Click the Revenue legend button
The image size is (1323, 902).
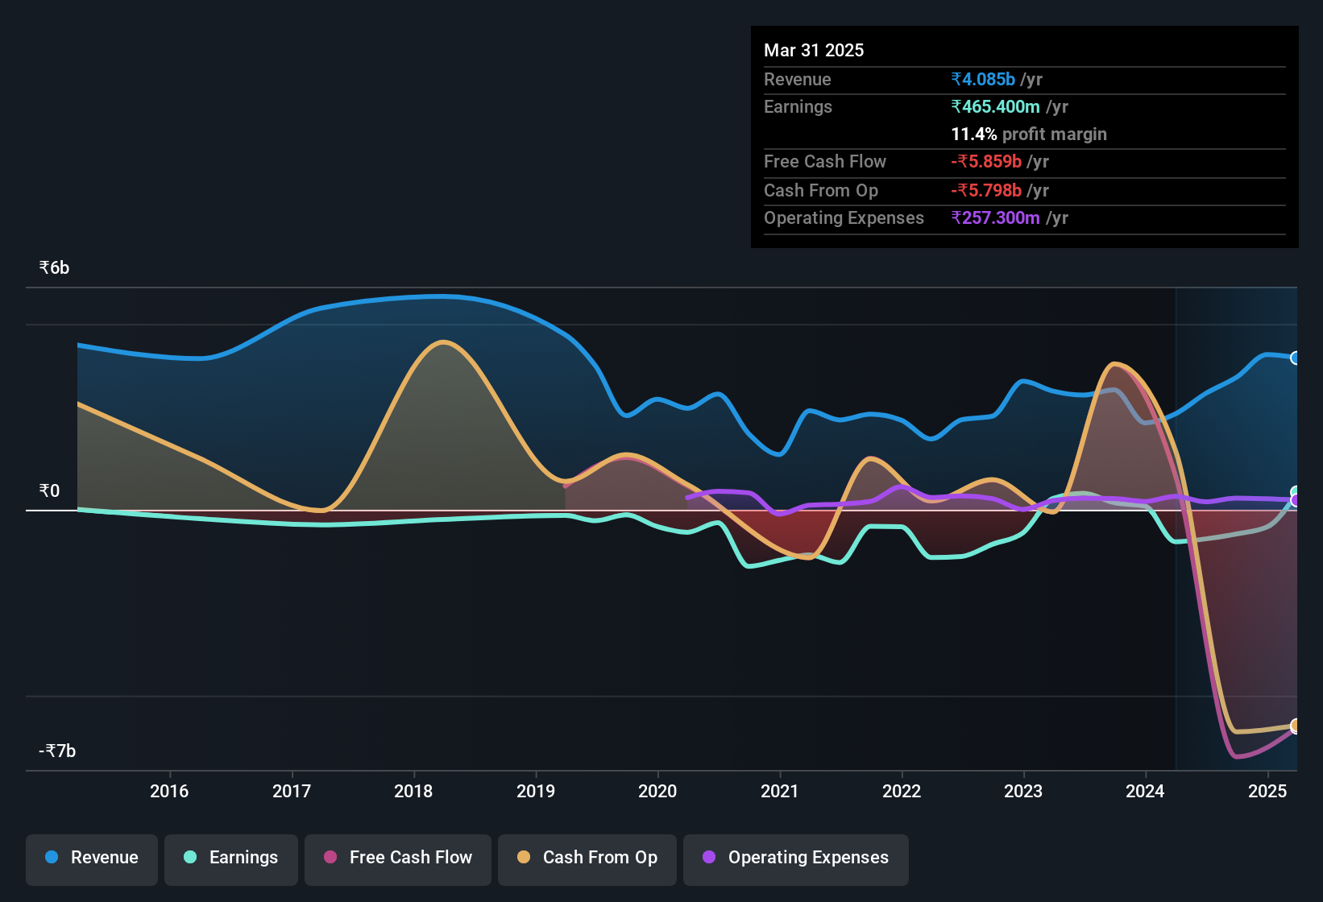click(x=92, y=859)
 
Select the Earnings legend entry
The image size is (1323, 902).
click(x=231, y=859)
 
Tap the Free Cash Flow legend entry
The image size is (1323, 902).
click(x=398, y=859)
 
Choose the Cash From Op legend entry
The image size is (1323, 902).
click(x=587, y=859)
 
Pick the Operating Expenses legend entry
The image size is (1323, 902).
click(x=795, y=859)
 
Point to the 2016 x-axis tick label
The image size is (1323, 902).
click(x=169, y=792)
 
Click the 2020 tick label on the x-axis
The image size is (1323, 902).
click(x=657, y=792)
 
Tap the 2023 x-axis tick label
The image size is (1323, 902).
click(x=1023, y=792)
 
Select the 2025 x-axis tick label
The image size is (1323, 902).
click(x=1267, y=792)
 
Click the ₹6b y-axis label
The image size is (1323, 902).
click(x=54, y=268)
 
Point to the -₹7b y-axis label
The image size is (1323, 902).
click(x=57, y=751)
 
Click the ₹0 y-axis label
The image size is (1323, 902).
click(x=49, y=491)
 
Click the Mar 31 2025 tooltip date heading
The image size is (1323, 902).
click(x=814, y=51)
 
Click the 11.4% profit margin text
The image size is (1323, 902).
click(x=1028, y=134)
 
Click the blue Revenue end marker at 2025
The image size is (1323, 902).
click(x=1295, y=358)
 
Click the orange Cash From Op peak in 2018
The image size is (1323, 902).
click(x=443, y=342)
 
